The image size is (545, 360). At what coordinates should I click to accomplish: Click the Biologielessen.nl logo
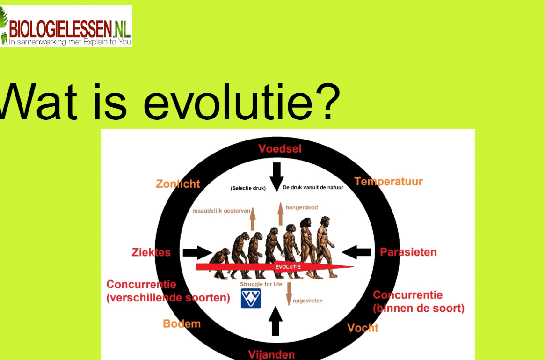[x=65, y=26]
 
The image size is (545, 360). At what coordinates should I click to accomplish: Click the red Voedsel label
[x=280, y=149]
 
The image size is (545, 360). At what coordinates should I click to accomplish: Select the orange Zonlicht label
[x=178, y=184]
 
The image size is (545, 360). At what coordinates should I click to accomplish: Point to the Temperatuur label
[x=389, y=182]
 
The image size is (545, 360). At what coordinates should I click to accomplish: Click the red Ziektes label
[x=151, y=252]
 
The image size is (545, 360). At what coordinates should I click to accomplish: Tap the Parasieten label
[x=408, y=252]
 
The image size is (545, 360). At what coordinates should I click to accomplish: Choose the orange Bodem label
[x=182, y=324]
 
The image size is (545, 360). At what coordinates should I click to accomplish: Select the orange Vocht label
[x=363, y=328]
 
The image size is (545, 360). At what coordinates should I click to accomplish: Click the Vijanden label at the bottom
[x=271, y=354]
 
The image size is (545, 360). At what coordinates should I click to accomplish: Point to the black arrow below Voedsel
[x=276, y=176]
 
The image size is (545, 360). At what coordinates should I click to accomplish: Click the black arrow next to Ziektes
[x=197, y=252]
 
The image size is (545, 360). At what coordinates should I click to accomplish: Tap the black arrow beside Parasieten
[x=356, y=252]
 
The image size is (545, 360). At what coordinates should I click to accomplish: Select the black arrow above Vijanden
[x=275, y=321]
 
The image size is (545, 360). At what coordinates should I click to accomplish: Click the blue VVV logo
[x=251, y=298]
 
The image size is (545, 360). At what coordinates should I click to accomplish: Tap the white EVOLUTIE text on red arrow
[x=288, y=267]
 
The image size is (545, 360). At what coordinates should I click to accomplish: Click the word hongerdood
[x=302, y=208]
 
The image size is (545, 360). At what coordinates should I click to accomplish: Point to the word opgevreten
[x=308, y=301]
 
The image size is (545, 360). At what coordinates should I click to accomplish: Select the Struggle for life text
[x=261, y=284]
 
